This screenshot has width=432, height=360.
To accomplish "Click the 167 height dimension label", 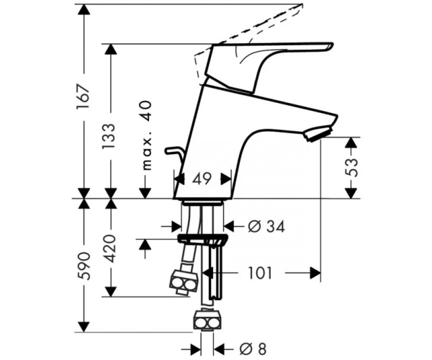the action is pyautogui.click(x=84, y=96).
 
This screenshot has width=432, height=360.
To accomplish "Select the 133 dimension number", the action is pyautogui.click(x=108, y=136).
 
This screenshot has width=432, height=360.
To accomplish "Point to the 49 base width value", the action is pyautogui.click(x=202, y=179).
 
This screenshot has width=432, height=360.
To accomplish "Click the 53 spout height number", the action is pyautogui.click(x=351, y=168).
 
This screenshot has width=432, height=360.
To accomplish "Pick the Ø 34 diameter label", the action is pyautogui.click(x=266, y=227).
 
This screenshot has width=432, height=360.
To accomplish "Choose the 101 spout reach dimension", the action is pyautogui.click(x=260, y=273).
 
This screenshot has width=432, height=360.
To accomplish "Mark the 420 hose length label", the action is pyautogui.click(x=110, y=248).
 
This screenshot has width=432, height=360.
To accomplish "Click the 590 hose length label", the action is pyautogui.click(x=84, y=266).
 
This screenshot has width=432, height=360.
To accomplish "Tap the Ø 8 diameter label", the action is pyautogui.click(x=253, y=349).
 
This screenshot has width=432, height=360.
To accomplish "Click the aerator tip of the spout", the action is pyautogui.click(x=318, y=133).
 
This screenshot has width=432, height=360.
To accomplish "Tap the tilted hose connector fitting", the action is pyautogui.click(x=184, y=283).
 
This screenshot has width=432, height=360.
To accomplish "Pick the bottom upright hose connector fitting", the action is pyautogui.click(x=207, y=320).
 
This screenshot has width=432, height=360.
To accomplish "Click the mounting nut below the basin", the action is pyautogui.click(x=203, y=239).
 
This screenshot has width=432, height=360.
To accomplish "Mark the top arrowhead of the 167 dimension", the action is pyautogui.click(x=84, y=9).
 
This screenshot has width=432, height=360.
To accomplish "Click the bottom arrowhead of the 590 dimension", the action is pyautogui.click(x=84, y=327).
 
